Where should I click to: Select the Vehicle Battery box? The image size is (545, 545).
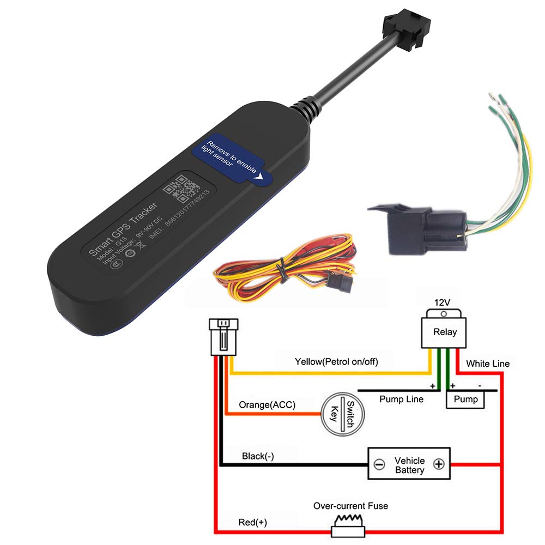pyautogui.click(x=409, y=464)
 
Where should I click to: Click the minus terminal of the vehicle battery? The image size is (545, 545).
pyautogui.click(x=380, y=464)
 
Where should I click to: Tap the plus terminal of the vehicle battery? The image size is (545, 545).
pyautogui.click(x=439, y=464)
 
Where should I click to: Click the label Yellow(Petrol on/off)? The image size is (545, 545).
pyautogui.click(x=336, y=361)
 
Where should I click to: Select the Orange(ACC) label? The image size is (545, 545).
pyautogui.click(x=267, y=405)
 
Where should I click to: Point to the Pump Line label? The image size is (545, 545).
pyautogui.click(x=401, y=399)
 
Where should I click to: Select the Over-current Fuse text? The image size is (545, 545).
pyautogui.click(x=350, y=506)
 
